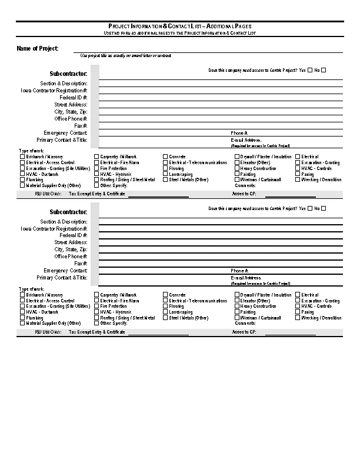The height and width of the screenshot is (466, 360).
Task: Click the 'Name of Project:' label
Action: pyautogui.click(x=37, y=48)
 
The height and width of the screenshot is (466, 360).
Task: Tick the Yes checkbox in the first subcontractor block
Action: pyautogui.click(x=310, y=70)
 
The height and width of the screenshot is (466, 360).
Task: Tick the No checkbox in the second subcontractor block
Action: pyautogui.click(x=324, y=208)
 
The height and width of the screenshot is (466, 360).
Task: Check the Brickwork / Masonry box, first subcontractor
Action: pyautogui.click(x=22, y=157)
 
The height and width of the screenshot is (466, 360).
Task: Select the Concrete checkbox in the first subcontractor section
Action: pyautogui.click(x=165, y=157)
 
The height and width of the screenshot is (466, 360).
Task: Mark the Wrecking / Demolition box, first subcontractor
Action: pyautogui.click(x=298, y=179)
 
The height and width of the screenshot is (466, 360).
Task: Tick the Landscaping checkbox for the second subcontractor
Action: pyautogui.click(x=165, y=312)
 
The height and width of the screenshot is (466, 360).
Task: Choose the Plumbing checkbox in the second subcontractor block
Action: pyautogui.click(x=22, y=318)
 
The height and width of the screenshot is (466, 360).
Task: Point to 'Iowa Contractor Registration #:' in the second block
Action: pyautogui.click(x=54, y=228)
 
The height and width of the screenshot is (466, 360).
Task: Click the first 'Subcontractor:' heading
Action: pyautogui.click(x=69, y=74)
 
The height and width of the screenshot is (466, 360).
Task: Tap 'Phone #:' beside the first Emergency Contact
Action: pyautogui.click(x=239, y=134)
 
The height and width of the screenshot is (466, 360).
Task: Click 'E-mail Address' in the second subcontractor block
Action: pyautogui.click(x=246, y=278)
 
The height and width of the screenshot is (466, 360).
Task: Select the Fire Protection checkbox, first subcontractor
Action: pyautogui.click(x=96, y=168)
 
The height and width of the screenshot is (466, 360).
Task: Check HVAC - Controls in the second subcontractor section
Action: pyautogui.click(x=298, y=306)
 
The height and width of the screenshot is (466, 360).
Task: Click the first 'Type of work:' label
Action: pyautogui.click(x=31, y=151)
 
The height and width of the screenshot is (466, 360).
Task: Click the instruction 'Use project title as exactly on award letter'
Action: pyautogui.click(x=126, y=55)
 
